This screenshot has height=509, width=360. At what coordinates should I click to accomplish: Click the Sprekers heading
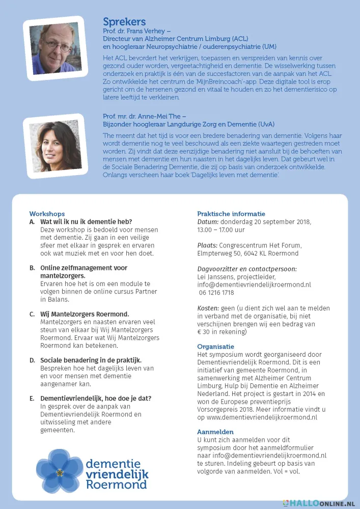tap(124, 21)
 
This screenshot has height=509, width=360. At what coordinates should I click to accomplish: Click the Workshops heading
tap(47, 214)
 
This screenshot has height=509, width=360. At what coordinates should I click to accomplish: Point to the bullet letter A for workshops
tap(32, 222)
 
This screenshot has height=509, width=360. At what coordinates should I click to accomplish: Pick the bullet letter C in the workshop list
tap(32, 314)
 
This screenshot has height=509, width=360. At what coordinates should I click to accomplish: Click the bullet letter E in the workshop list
tap(32, 398)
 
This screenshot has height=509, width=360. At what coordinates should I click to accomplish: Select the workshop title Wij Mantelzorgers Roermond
tap(85, 314)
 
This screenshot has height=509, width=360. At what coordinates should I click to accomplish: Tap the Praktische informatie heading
tap(231, 214)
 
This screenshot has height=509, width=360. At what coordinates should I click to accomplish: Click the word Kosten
tap(208, 308)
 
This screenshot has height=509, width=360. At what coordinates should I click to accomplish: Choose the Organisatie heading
tap(216, 346)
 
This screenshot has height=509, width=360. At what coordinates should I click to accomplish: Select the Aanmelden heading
tap(215, 432)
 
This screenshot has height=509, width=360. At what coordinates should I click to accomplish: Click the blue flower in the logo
tap(60, 469)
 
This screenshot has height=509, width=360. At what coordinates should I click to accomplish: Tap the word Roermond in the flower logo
tap(117, 485)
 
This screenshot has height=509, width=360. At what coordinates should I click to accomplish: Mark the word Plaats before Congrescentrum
tap(208, 245)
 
